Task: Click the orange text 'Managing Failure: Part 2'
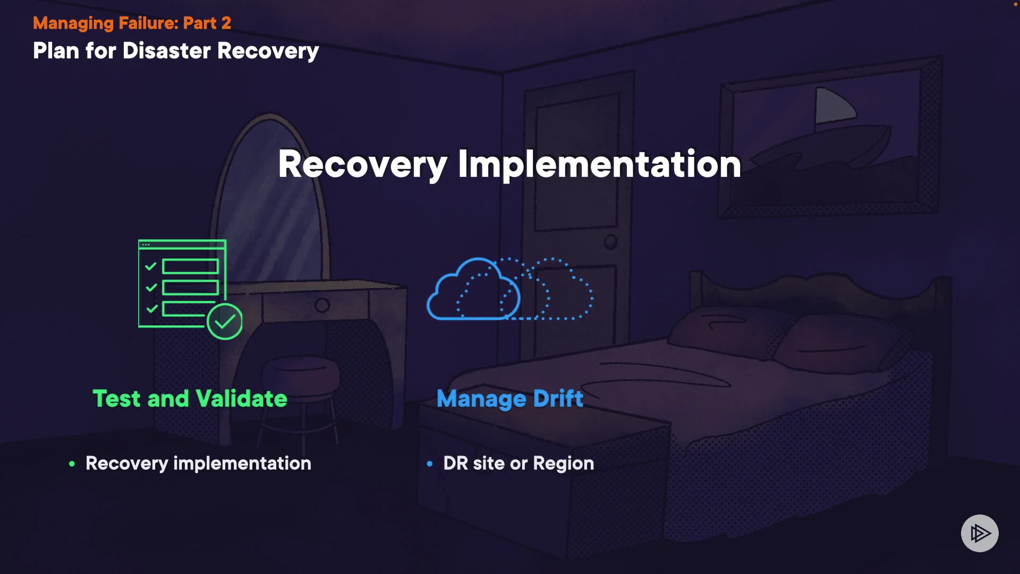pyautogui.click(x=132, y=23)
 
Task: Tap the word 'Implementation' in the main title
pyautogui.click(x=599, y=164)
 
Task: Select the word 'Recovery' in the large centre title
pyautogui.click(x=362, y=164)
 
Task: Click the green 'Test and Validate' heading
pyautogui.click(x=190, y=399)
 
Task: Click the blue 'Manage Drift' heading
pyautogui.click(x=509, y=399)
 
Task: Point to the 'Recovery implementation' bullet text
pyautogui.click(x=198, y=463)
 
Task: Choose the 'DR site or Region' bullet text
pyautogui.click(x=518, y=463)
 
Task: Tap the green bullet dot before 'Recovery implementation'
pyautogui.click(x=72, y=464)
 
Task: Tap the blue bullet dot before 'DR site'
pyautogui.click(x=430, y=464)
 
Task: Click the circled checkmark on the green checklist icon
pyautogui.click(x=225, y=322)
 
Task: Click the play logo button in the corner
pyautogui.click(x=980, y=533)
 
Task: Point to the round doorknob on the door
pyautogui.click(x=611, y=242)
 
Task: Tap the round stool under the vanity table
pyautogui.click(x=301, y=372)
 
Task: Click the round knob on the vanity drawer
pyautogui.click(x=322, y=306)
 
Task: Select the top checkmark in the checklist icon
pyautogui.click(x=151, y=266)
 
